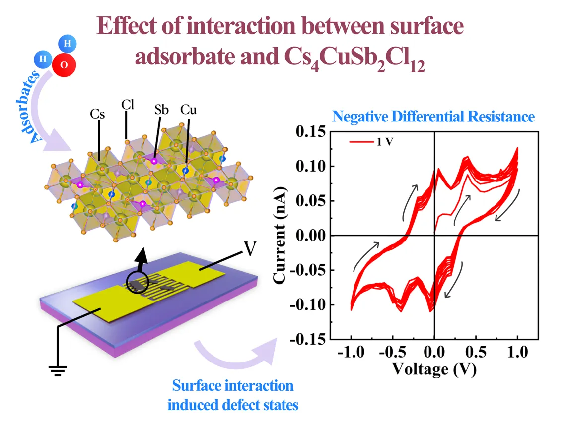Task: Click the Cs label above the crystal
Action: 98,114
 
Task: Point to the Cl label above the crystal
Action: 128,104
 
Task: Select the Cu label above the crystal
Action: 188,109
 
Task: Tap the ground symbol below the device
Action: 58,369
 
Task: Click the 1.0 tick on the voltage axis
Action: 517,353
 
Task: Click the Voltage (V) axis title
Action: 434,369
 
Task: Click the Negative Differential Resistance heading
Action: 433,117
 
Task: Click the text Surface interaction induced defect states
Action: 233,395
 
